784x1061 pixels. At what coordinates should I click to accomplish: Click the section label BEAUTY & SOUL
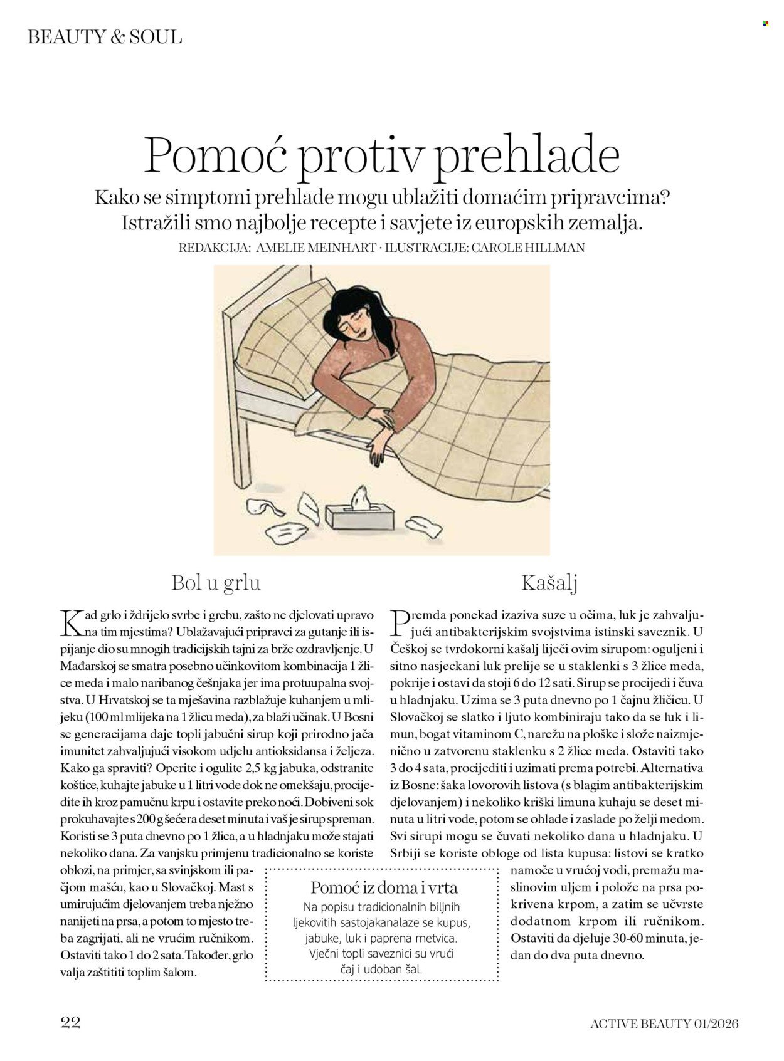point(105,37)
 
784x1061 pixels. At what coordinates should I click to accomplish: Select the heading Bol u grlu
point(216,583)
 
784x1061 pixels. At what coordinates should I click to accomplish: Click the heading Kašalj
point(549,583)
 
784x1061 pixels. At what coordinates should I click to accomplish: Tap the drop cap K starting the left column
point(72,622)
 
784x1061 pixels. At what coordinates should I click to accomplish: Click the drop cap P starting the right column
point(401,622)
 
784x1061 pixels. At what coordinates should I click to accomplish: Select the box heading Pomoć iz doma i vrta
point(384,887)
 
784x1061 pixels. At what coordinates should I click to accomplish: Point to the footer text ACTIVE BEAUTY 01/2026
point(664,1023)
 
